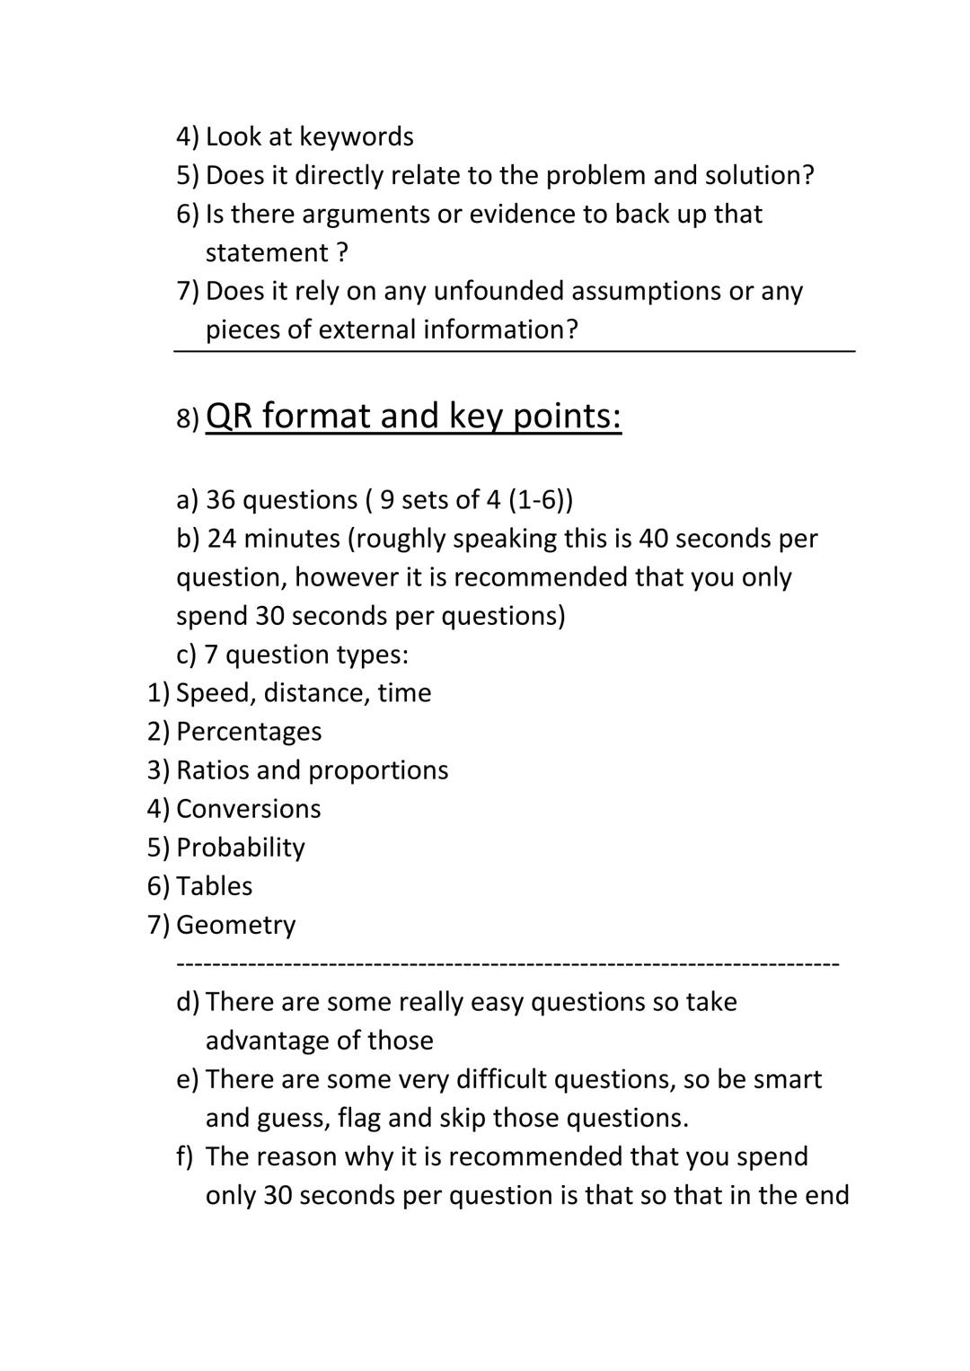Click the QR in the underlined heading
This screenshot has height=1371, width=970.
tap(229, 416)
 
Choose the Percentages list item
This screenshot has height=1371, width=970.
tap(249, 732)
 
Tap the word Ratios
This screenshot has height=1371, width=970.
tap(212, 770)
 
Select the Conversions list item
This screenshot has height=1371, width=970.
tap(248, 809)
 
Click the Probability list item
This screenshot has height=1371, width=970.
tap(241, 848)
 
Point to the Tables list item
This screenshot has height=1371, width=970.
tap(214, 886)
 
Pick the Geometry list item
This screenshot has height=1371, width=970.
tap(235, 925)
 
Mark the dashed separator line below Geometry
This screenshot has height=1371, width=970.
tap(507, 963)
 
